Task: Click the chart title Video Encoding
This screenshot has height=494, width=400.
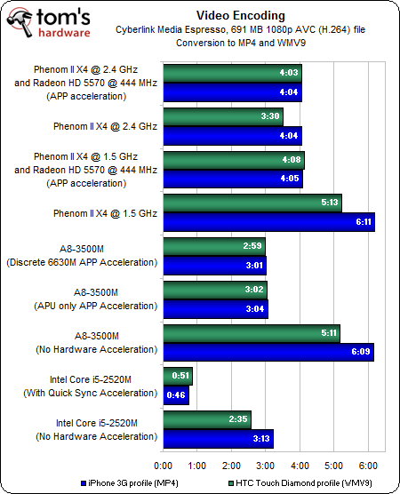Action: tap(241, 15)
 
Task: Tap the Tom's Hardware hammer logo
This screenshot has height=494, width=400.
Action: tap(20, 22)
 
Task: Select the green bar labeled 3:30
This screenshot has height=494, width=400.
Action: tap(223, 116)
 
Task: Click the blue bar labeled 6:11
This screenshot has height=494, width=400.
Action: tap(268, 222)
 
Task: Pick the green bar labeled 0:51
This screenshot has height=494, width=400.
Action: tap(178, 376)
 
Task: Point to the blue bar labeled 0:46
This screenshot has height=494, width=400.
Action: tap(176, 395)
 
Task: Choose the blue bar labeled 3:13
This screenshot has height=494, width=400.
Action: tap(219, 439)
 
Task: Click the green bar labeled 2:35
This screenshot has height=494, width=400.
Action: tap(207, 419)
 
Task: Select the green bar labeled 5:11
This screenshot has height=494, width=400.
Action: tap(252, 333)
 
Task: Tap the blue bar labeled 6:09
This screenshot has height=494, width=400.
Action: tap(268, 352)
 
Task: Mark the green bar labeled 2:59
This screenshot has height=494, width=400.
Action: tap(214, 246)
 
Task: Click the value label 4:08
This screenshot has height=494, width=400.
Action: tap(292, 160)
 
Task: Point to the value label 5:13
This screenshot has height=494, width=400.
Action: tap(330, 203)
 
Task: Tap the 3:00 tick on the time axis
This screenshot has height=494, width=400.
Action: tap(266, 466)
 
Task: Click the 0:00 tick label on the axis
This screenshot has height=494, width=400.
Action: tap(163, 466)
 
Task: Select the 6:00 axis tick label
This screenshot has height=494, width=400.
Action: tap(368, 466)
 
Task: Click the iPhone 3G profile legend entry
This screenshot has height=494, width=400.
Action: tap(130, 483)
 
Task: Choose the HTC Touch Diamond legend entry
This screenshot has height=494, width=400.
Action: tap(300, 483)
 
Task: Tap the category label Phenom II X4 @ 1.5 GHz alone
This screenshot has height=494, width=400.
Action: tap(105, 213)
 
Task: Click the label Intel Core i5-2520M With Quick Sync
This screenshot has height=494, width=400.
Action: tap(91, 386)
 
